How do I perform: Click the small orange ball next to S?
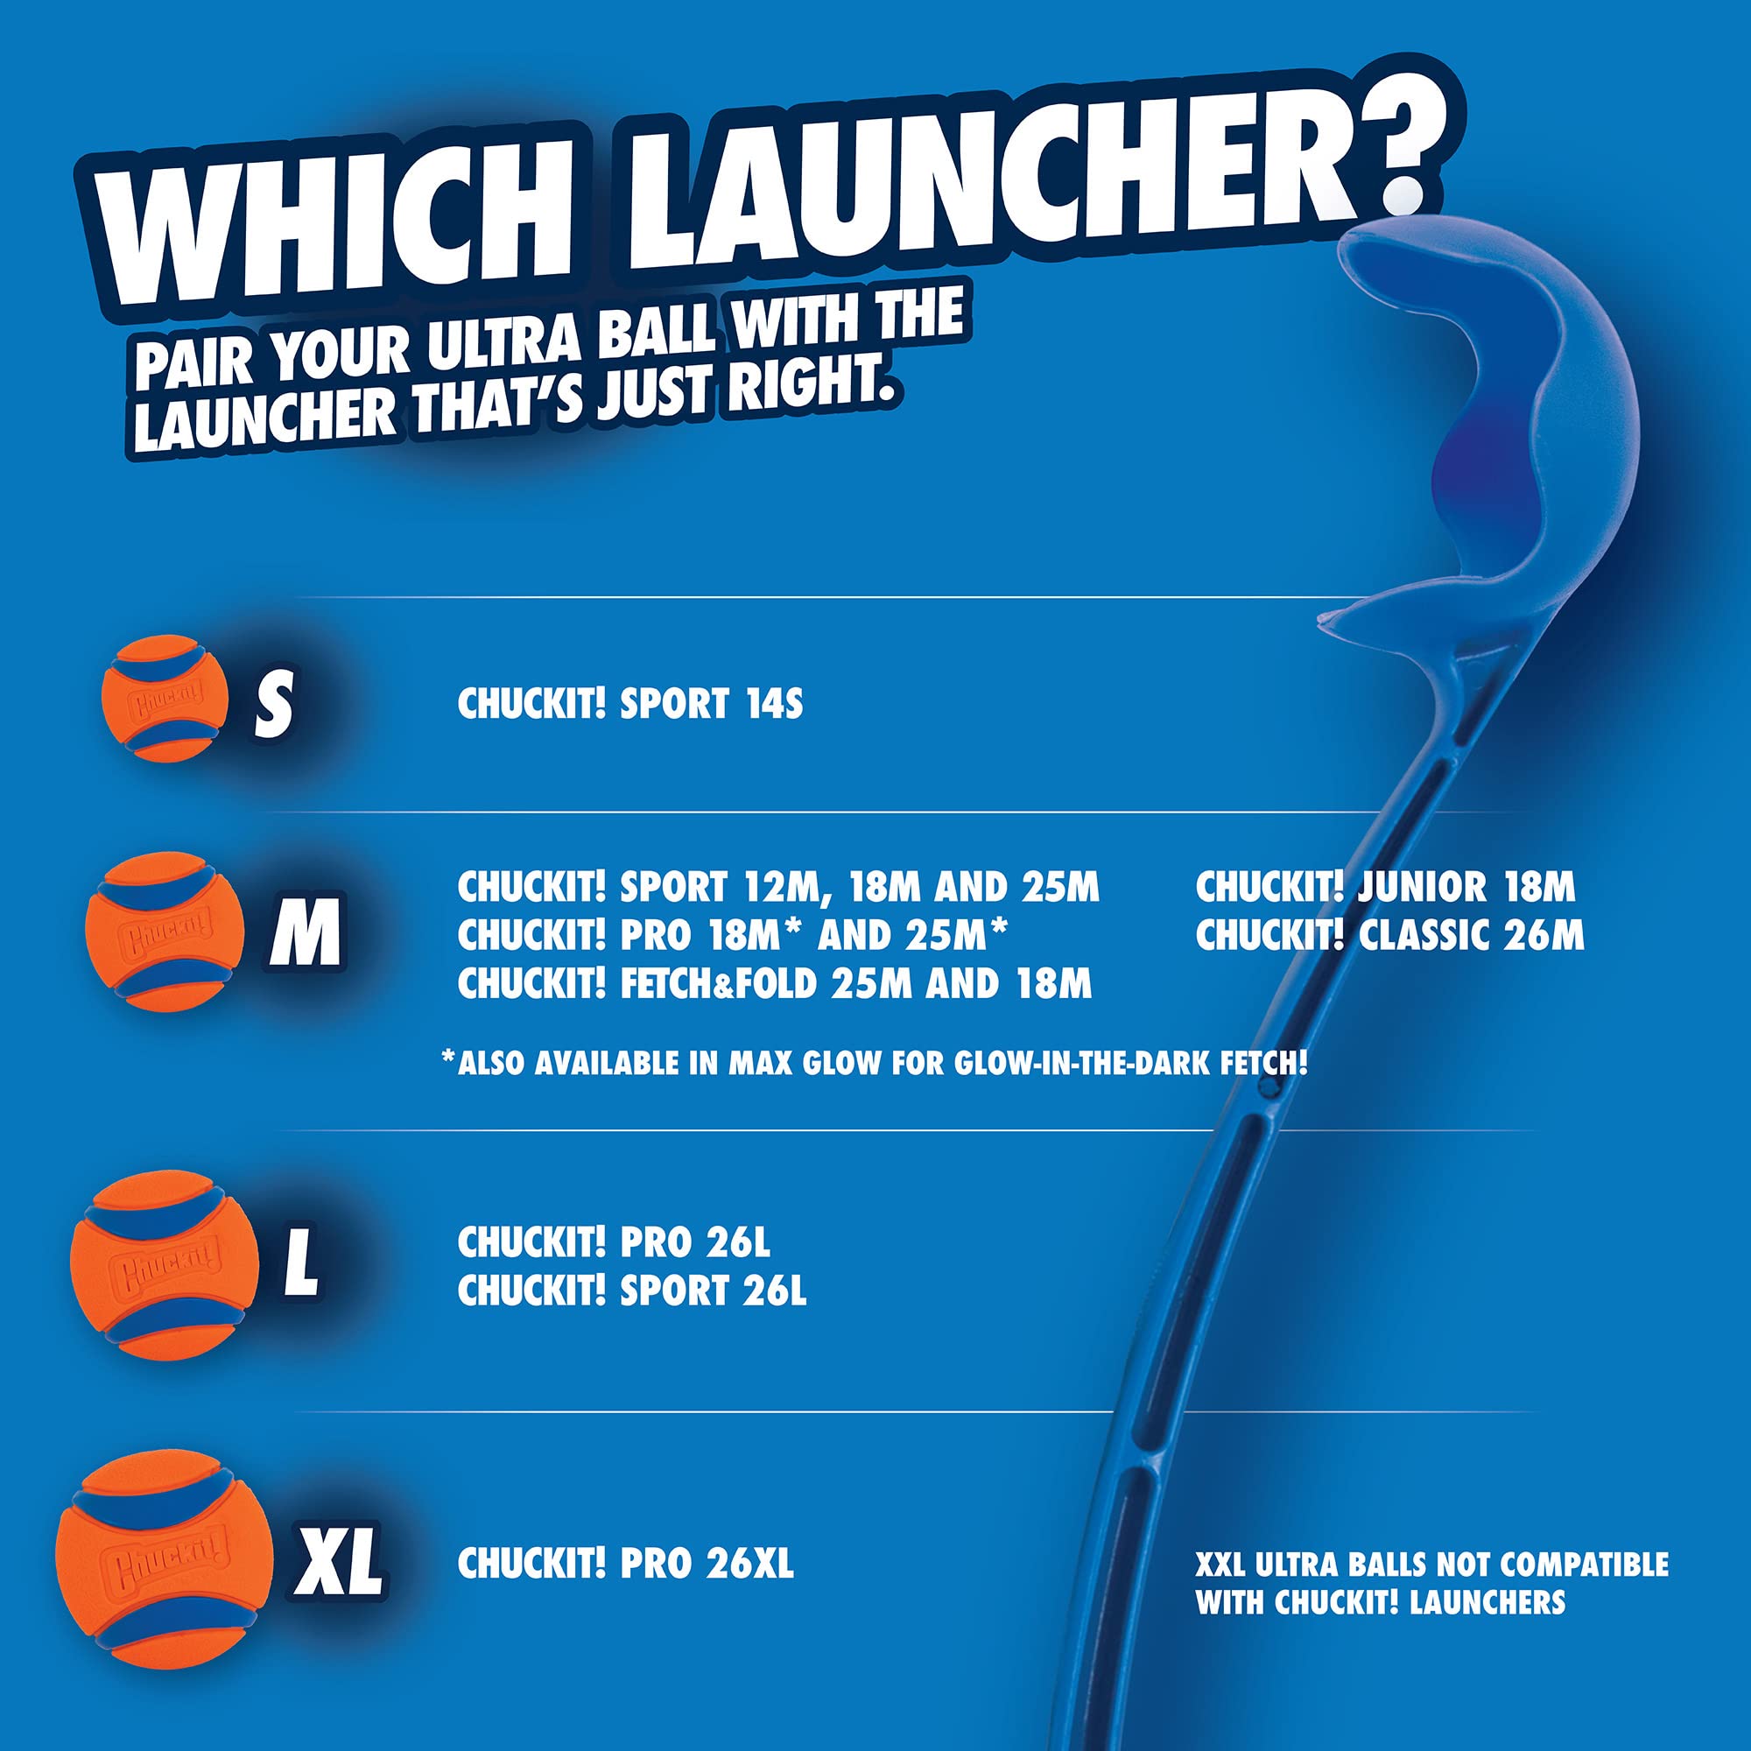pyautogui.click(x=164, y=698)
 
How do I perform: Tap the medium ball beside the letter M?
pyautogui.click(x=164, y=931)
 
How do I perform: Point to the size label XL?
pyautogui.click(x=337, y=1563)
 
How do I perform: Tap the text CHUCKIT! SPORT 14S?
pyautogui.click(x=629, y=704)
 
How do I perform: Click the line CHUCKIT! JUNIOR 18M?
pyautogui.click(x=1385, y=887)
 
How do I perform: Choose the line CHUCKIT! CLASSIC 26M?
pyautogui.click(x=1389, y=936)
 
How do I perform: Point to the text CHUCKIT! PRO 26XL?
pyautogui.click(x=625, y=1564)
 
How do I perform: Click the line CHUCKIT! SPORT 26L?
pyautogui.click(x=632, y=1291)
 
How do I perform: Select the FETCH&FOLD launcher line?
pyautogui.click(x=774, y=984)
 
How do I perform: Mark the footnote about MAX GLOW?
pyautogui.click(x=875, y=1063)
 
